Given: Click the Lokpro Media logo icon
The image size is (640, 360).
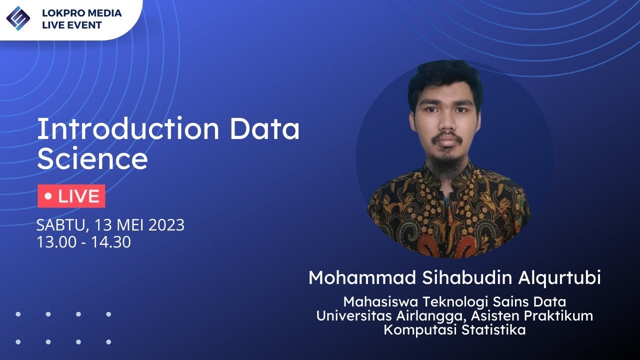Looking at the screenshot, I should [x=18, y=18].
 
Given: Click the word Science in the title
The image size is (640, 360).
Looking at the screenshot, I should [x=92, y=159].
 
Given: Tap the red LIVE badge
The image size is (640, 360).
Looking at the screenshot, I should [x=71, y=196].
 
